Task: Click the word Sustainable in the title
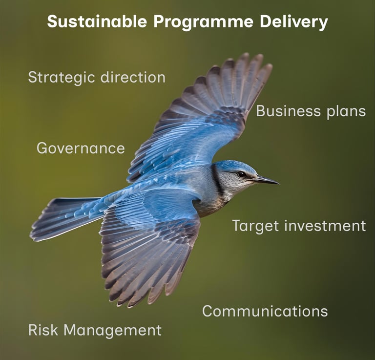(97, 21)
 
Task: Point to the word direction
(133, 77)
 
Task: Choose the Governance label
(81, 148)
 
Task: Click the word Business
(289, 111)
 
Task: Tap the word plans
(346, 112)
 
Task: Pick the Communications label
(265, 311)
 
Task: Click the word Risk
(43, 330)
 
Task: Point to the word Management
(112, 331)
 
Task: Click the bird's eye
(241, 174)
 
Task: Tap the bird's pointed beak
(268, 180)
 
